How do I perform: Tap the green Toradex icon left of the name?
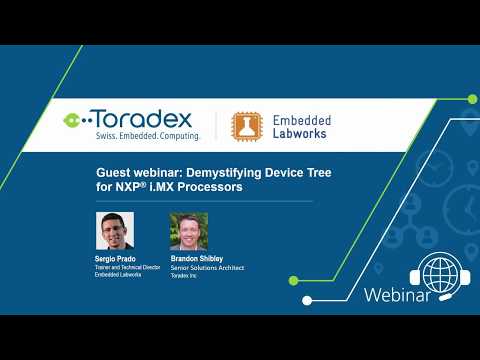click(73, 119)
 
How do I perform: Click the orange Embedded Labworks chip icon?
click(249, 125)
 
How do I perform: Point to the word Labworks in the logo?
click(301, 133)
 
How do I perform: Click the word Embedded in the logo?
click(302, 118)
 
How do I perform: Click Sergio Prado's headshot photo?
click(115, 230)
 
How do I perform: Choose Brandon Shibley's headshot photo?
click(189, 230)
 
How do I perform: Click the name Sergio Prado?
click(115, 258)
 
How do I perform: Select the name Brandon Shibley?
click(197, 258)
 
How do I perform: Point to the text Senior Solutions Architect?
click(207, 267)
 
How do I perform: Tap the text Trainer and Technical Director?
click(127, 267)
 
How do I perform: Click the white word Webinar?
click(398, 295)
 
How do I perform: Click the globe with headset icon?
click(439, 273)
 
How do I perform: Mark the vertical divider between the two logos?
click(217, 125)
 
